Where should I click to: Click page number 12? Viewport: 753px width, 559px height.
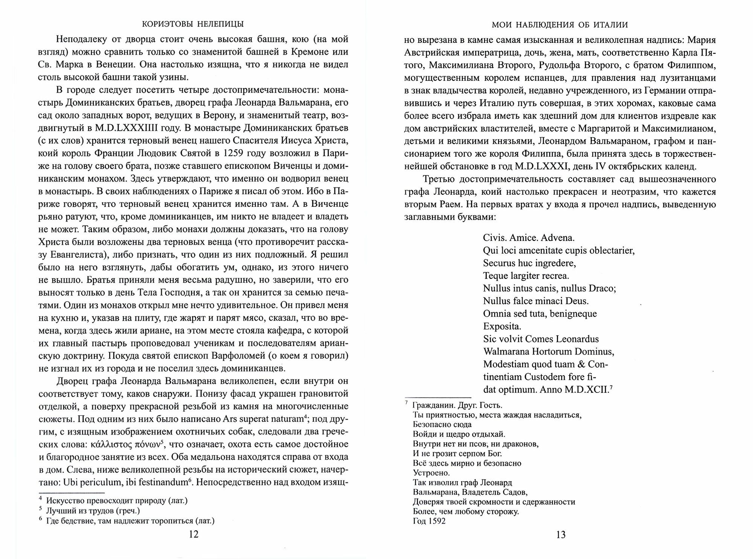(x=193, y=535)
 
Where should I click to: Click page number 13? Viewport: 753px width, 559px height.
(x=561, y=535)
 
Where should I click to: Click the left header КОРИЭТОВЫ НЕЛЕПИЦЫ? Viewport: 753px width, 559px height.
(x=193, y=24)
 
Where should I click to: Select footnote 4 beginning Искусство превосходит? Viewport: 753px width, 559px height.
(x=117, y=501)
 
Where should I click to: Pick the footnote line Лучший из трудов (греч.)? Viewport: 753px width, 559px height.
(x=93, y=511)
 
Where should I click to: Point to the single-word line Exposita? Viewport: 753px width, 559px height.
(x=502, y=326)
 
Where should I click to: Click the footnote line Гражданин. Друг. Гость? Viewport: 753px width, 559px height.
(x=457, y=406)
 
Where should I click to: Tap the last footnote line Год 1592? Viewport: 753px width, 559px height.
(x=429, y=521)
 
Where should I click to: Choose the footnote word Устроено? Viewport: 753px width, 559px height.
(x=431, y=473)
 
